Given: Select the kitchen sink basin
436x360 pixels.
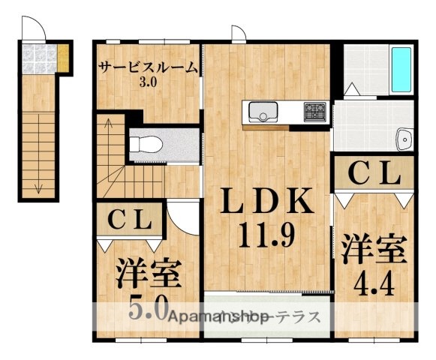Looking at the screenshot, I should (x=263, y=113).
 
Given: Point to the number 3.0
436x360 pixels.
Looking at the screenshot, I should (x=147, y=82).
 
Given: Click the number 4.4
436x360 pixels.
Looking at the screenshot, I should (x=374, y=284).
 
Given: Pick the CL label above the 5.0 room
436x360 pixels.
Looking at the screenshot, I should (x=132, y=219).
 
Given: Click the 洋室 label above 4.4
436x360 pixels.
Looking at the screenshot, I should (x=374, y=248).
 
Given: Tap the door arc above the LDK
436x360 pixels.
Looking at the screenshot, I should (x=238, y=32).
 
